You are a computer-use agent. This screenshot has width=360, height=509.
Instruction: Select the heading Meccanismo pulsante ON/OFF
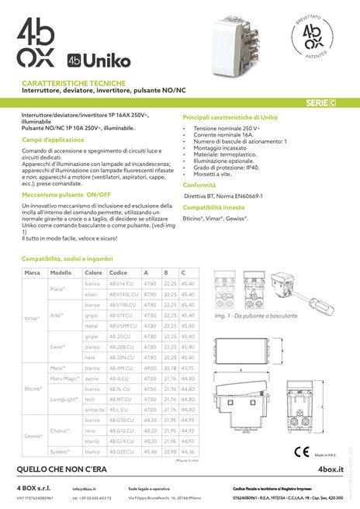(x=67, y=196)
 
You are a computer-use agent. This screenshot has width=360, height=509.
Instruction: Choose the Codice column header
(x=119, y=273)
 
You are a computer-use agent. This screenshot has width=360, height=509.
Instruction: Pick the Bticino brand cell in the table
(x=33, y=386)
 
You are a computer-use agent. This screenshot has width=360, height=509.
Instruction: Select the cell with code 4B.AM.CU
(x=121, y=366)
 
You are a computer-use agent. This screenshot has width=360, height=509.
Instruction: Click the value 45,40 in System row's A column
(x=151, y=451)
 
